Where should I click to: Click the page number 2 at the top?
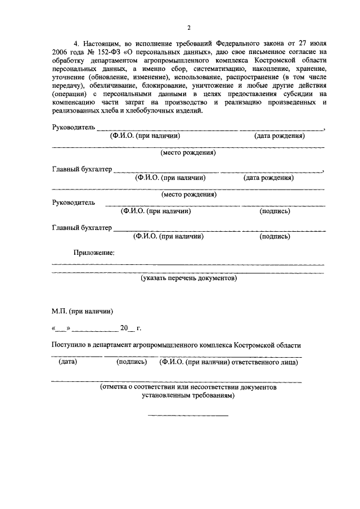189,28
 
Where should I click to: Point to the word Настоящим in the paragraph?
101,43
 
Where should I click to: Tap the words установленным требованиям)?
188,395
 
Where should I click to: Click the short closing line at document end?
188,415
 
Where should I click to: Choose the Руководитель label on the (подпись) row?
73,202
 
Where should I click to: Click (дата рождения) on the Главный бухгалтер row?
268,178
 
